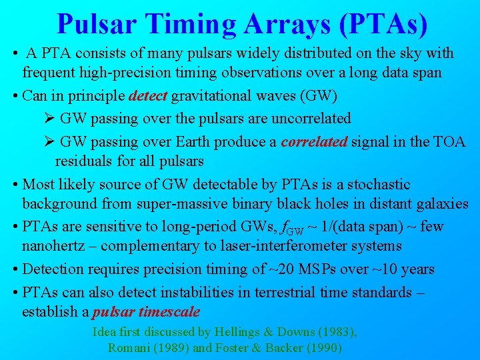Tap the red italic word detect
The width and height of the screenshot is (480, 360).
pyautogui.click(x=149, y=96)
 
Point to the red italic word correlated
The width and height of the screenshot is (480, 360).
pyautogui.click(x=311, y=142)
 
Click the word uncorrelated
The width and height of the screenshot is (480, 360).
pyautogui.click(x=306, y=119)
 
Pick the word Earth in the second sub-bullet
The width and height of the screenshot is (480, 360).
pyautogui.click(x=191, y=142)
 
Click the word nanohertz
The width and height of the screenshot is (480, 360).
pyautogui.click(x=54, y=246)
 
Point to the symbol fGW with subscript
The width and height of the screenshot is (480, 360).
pyautogui.click(x=296, y=228)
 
